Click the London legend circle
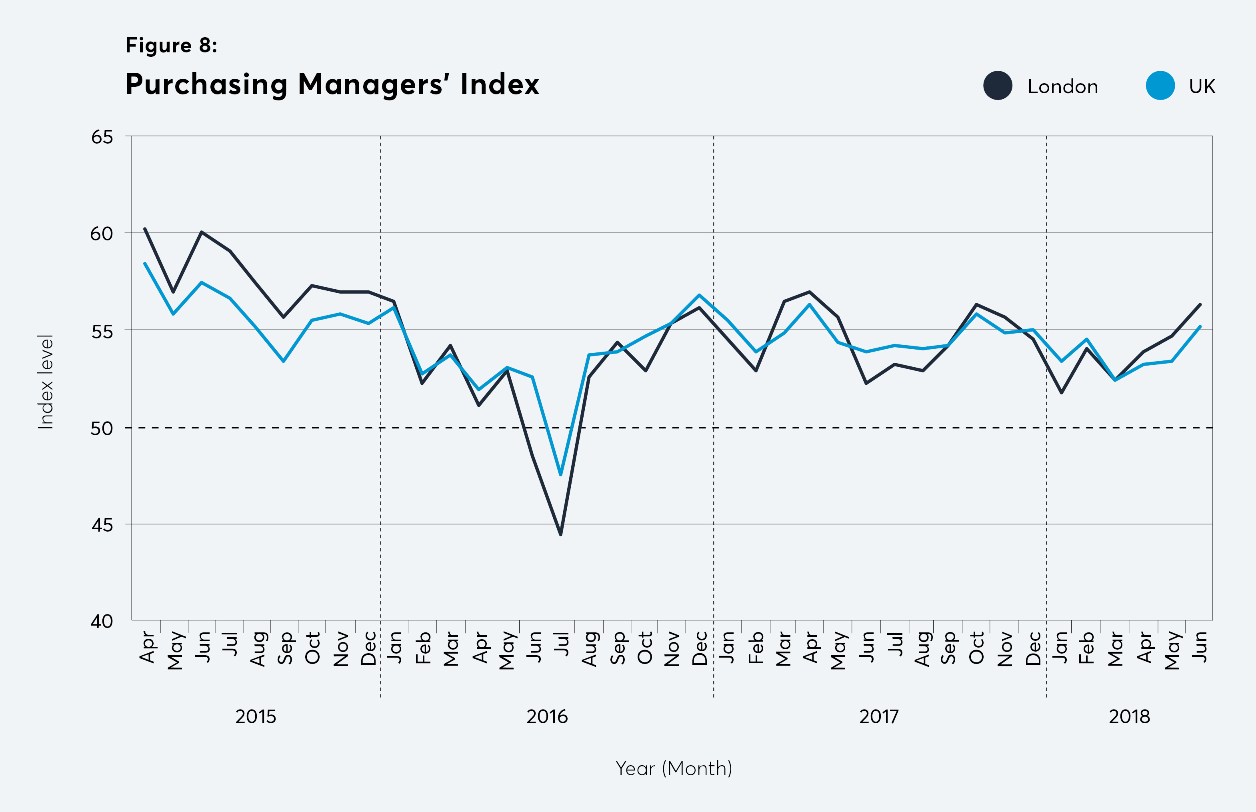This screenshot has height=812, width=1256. (x=998, y=86)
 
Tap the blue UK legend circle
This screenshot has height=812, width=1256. (x=1160, y=86)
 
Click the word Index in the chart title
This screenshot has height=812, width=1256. (x=499, y=84)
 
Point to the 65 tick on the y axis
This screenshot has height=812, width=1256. (x=102, y=137)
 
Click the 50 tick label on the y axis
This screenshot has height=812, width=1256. (x=102, y=428)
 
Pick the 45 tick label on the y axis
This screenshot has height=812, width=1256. (x=102, y=525)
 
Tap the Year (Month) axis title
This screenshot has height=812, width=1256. (x=674, y=768)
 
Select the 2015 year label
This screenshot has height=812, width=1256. (x=256, y=716)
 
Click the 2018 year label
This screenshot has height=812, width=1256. (x=1129, y=716)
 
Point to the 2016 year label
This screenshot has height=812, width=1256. (x=547, y=716)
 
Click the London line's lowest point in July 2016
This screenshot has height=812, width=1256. (x=560, y=534)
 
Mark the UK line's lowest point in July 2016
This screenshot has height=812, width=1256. (x=560, y=474)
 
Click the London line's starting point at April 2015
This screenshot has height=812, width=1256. (x=145, y=229)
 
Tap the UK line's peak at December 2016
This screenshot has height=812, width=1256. (x=699, y=295)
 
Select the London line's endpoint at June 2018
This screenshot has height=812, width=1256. (x=1200, y=304)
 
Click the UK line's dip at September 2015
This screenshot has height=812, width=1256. (x=283, y=361)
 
